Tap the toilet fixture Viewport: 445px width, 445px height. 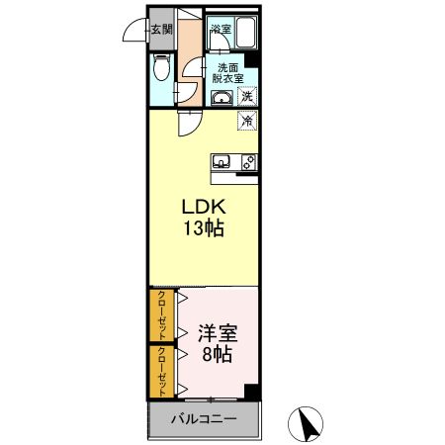point(163,68)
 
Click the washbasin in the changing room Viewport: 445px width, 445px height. point(222,97)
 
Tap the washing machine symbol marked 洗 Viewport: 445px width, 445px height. point(248,97)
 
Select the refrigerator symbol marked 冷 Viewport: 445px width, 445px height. point(248,122)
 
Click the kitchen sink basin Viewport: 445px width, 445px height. point(222,161)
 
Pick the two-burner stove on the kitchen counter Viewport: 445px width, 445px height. point(250,161)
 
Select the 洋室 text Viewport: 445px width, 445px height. point(217,334)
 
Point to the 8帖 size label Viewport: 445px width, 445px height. point(217,354)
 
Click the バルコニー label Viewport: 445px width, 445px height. point(204,419)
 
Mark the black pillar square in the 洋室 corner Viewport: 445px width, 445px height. point(254,392)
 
